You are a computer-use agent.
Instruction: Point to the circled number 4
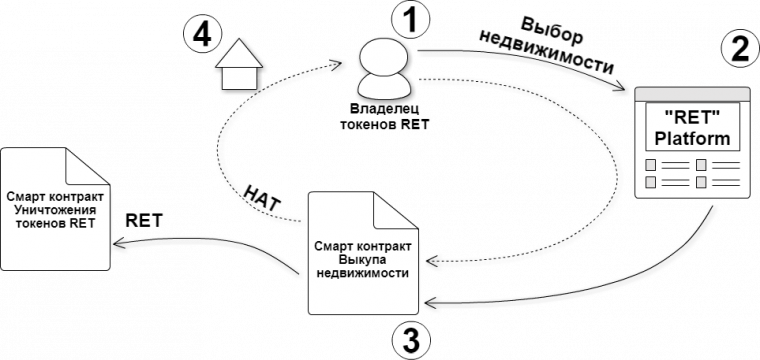pos(201,34)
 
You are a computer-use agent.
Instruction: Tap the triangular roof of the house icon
pos(240,53)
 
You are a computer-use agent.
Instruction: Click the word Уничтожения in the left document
pos(56,210)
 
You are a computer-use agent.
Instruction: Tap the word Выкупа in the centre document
pos(362,259)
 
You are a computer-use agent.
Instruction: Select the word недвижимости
pos(362,272)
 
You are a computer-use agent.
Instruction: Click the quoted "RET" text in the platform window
pos(693,119)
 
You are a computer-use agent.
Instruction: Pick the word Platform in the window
pos(693,138)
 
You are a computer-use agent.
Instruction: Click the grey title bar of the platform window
pos(693,94)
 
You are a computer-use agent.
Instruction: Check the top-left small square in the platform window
pos(651,165)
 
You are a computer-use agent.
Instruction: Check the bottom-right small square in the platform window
pos(701,182)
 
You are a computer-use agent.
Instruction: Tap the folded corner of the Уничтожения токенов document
pos(80,162)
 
